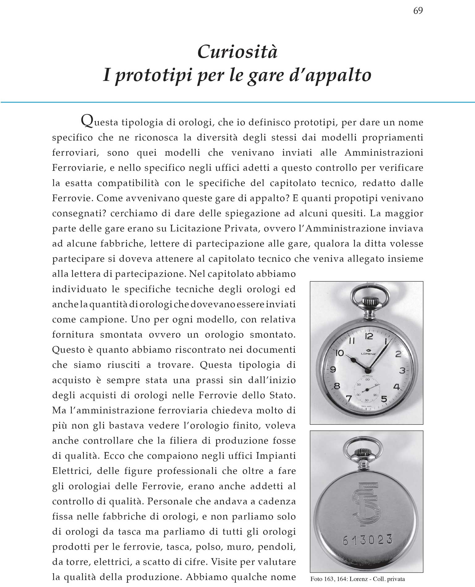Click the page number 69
coord(418,11)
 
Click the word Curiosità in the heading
coord(237,52)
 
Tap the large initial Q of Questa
coord(86,121)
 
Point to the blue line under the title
coord(237,102)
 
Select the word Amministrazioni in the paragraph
coord(384,153)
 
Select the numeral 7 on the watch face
coord(349,399)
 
